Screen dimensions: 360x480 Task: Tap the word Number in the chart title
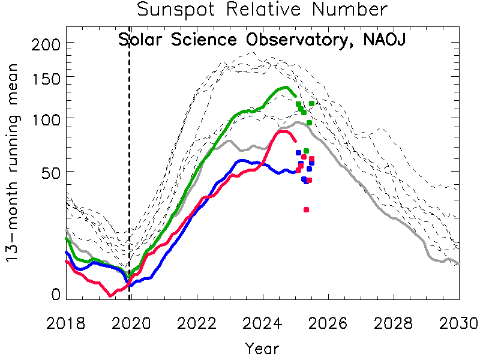tap(355, 10)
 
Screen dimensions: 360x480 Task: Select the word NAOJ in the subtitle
tap(384, 40)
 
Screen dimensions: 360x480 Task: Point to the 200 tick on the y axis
tap(45, 44)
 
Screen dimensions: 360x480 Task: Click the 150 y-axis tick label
tap(45, 77)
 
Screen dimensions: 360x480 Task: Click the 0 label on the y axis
tap(55, 294)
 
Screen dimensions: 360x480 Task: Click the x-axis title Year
tap(262, 348)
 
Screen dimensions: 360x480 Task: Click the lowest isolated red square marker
tap(306, 209)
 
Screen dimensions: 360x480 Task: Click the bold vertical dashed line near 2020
tap(130, 180)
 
